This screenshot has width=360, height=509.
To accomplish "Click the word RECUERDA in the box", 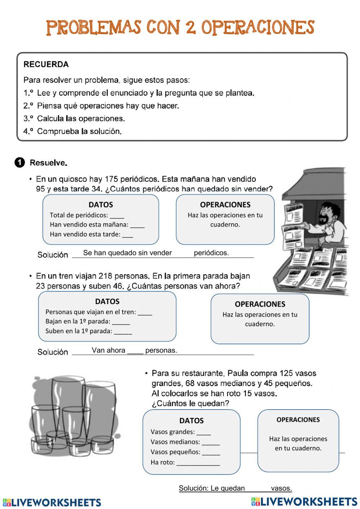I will (46, 64).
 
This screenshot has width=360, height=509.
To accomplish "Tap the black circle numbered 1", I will (20, 162).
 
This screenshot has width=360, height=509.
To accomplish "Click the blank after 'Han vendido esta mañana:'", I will (137, 226).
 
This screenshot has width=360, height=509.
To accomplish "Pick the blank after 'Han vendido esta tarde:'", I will (127, 235).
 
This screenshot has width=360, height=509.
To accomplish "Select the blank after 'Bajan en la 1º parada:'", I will (121, 322).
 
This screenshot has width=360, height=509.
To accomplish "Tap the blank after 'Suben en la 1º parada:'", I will (123, 332).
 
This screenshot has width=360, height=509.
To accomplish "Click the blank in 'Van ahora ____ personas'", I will (135, 351).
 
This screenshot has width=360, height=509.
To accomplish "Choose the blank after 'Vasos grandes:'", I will (203, 433).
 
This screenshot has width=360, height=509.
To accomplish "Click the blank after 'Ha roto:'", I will (198, 463).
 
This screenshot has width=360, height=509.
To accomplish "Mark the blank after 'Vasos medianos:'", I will (211, 443).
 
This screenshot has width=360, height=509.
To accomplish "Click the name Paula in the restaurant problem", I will (238, 373).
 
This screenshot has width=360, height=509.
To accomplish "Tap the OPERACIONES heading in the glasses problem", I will (298, 420).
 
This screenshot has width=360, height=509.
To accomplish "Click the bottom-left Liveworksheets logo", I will (52, 502).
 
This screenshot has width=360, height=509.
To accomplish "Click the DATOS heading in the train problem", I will (107, 302).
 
